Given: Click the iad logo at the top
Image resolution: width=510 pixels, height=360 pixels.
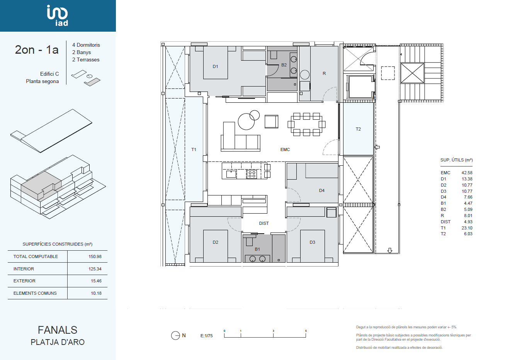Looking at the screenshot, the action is click(x=57, y=15).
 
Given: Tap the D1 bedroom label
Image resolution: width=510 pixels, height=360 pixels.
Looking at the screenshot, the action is click(x=215, y=66).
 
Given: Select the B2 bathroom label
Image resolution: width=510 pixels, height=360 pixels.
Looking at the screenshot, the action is click(x=284, y=65).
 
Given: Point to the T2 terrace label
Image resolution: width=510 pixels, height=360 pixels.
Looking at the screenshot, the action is click(x=358, y=129).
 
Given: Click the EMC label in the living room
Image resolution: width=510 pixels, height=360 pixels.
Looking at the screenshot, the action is click(x=285, y=149).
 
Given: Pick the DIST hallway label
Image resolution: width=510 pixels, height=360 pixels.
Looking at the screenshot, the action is click(x=264, y=223).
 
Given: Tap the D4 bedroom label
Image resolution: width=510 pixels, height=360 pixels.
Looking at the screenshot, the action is click(x=322, y=190).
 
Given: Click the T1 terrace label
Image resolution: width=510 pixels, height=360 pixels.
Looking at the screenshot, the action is click(x=194, y=149).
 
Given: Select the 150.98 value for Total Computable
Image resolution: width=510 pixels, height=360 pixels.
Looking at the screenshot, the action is click(x=95, y=256).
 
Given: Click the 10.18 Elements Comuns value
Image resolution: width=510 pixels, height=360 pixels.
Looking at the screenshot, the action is click(x=96, y=293).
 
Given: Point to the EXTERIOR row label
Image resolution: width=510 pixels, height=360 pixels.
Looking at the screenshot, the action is click(x=24, y=281).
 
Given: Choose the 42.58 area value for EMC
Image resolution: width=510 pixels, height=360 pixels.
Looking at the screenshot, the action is click(x=467, y=173).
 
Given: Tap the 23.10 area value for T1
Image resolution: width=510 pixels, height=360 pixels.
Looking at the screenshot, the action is click(x=467, y=228).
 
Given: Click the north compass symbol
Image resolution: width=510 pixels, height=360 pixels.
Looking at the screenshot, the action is click(x=175, y=335).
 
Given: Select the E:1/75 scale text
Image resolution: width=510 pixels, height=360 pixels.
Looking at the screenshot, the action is click(x=206, y=336).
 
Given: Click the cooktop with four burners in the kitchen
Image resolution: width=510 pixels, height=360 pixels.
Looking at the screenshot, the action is click(x=252, y=174).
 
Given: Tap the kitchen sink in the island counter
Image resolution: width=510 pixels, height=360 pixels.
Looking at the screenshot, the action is click(x=231, y=174).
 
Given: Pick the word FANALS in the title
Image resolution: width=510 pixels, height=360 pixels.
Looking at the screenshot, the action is click(x=58, y=330).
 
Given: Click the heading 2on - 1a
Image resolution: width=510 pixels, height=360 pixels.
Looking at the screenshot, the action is click(x=37, y=49).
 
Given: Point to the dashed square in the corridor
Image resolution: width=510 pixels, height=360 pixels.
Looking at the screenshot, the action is click(x=388, y=73).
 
